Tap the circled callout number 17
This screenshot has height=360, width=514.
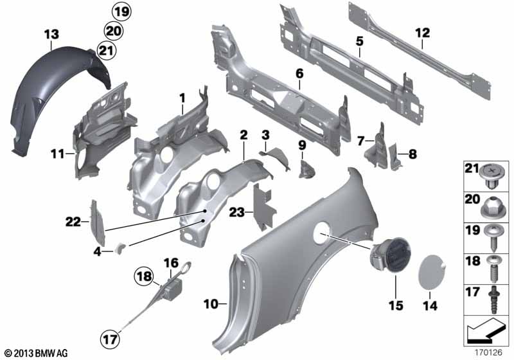[x=110, y=339]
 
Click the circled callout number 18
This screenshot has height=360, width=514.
[x=144, y=276]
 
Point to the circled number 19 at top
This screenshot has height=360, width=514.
[x=121, y=12]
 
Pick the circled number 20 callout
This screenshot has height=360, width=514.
[x=114, y=31]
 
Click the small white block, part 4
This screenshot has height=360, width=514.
[x=120, y=248]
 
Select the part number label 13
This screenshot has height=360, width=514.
[x=52, y=35]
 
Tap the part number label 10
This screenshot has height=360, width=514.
[x=211, y=304]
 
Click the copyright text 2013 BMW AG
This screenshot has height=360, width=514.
[x=37, y=354]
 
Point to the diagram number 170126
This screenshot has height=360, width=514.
[x=488, y=353]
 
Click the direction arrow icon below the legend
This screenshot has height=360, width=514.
[x=486, y=330]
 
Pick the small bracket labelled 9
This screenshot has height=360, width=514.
[x=306, y=169]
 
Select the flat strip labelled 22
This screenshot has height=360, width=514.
[x=98, y=222]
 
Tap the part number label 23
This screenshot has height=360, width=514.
[x=236, y=212]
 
